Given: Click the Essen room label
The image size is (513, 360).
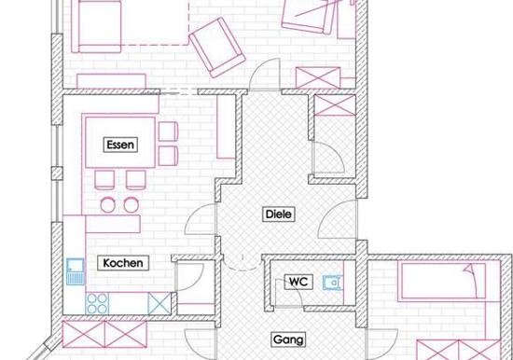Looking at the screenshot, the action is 120,145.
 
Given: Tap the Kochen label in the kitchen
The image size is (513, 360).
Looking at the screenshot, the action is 123,263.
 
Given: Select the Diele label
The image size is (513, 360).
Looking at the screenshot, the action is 279,215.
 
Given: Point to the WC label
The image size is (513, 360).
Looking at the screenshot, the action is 298,282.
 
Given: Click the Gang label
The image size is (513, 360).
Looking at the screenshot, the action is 288,339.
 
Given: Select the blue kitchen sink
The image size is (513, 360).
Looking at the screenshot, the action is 76,271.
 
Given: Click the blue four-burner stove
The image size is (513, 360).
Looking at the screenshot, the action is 97,304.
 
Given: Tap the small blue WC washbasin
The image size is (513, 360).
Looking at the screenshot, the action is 332,283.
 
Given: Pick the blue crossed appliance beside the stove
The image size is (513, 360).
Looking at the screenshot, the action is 159,303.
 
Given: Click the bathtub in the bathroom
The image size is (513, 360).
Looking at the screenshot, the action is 443,282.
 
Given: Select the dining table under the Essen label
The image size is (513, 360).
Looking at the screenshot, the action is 120,143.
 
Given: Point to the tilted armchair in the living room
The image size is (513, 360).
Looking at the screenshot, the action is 217,48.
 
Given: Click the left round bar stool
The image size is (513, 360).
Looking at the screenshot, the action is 107,205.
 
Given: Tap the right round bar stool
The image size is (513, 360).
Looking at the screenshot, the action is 132,205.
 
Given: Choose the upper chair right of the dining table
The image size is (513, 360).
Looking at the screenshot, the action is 168,132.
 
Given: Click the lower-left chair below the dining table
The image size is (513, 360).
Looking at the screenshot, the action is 104,180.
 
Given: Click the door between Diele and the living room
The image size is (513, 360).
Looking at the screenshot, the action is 264,75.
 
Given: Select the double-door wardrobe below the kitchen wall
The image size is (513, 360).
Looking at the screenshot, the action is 104,334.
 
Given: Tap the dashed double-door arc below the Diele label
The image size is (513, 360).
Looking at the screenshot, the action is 243,263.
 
